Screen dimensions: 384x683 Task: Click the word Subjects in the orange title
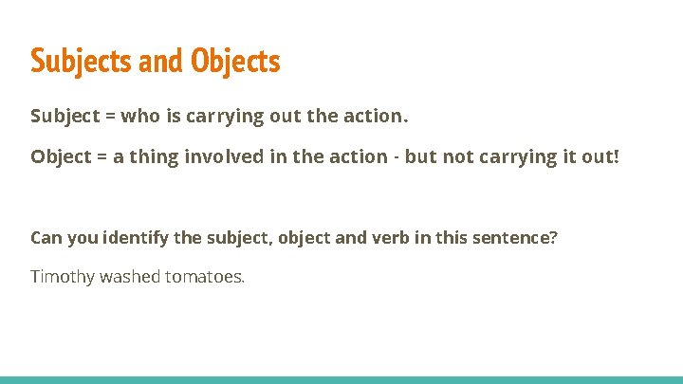pos(82,62)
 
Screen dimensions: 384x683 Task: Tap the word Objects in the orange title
pos(235,62)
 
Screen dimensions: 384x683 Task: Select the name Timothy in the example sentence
pos(62,278)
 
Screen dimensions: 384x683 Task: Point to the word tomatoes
pos(208,278)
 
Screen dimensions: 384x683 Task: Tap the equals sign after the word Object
pos(100,155)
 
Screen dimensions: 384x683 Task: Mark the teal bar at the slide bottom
pos(341,379)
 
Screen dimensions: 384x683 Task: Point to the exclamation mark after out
pos(617,155)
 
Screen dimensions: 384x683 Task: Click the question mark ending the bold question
pos(554,237)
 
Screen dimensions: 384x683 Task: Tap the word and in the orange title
pos(161,62)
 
